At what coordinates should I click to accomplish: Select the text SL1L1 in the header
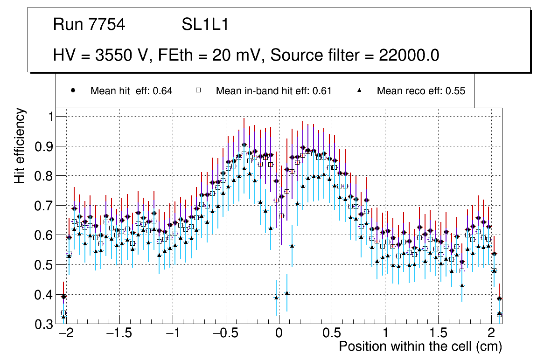(x=205, y=25)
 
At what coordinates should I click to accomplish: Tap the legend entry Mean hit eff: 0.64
(x=132, y=91)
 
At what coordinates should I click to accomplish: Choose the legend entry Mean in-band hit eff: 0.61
(x=273, y=91)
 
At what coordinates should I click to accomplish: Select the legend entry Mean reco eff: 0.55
(x=421, y=91)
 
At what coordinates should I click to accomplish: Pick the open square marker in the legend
(x=198, y=91)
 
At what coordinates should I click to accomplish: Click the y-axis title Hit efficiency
(x=20, y=145)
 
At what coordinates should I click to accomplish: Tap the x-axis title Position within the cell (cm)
(x=420, y=346)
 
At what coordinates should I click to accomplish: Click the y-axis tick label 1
(x=51, y=117)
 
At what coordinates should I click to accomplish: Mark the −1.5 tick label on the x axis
(x=119, y=333)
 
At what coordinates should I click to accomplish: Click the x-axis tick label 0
(x=279, y=333)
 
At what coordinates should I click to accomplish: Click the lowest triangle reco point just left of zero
(x=276, y=298)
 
